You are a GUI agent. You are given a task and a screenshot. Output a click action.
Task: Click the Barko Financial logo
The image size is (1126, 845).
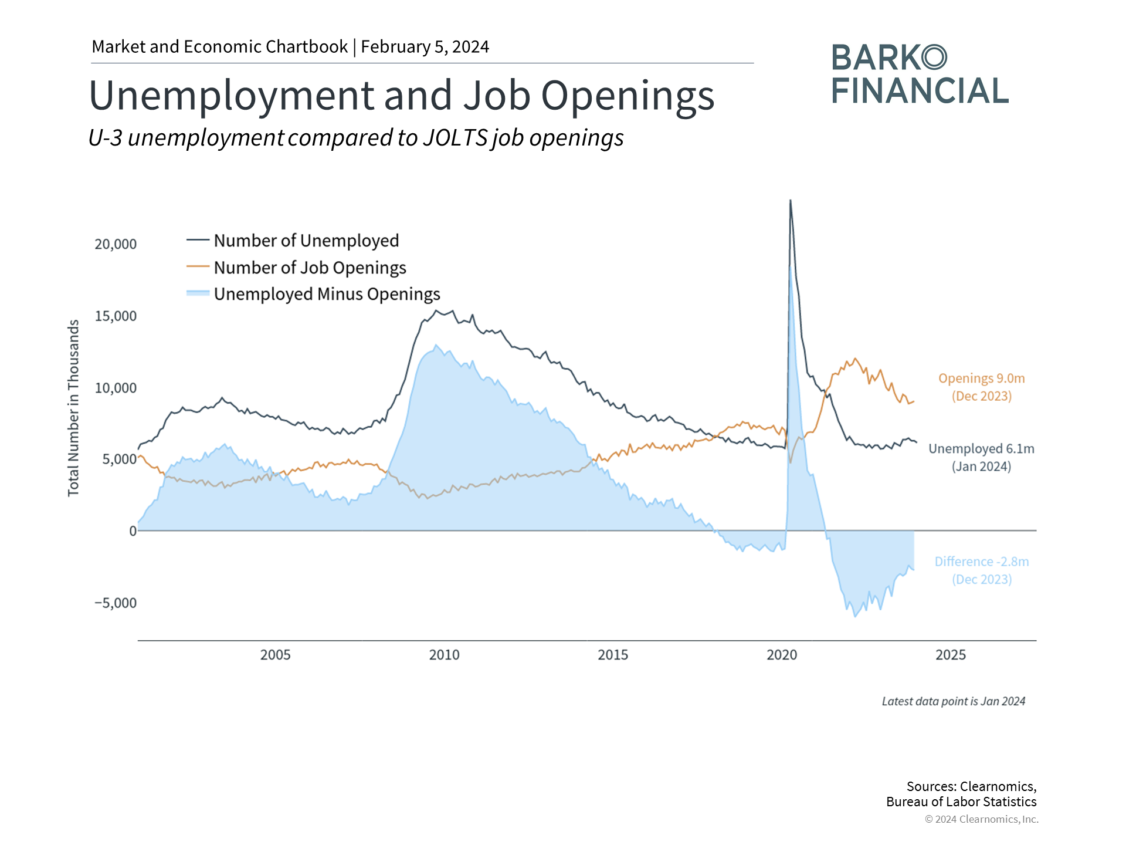[919, 74]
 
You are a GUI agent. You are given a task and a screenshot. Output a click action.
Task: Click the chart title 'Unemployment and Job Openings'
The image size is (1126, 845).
[401, 95]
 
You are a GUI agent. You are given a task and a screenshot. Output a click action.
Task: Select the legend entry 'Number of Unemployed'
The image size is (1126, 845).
[306, 241]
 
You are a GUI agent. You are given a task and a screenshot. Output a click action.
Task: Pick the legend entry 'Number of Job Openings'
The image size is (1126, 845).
[309, 268]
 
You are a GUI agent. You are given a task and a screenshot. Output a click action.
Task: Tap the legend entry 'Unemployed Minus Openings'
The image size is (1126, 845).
[326, 294]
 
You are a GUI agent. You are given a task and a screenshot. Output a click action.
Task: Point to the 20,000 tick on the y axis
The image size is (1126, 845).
[116, 244]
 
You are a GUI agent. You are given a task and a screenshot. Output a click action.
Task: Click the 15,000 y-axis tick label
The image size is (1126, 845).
[116, 316]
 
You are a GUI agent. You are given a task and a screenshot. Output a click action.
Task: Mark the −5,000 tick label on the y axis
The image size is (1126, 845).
[116, 603]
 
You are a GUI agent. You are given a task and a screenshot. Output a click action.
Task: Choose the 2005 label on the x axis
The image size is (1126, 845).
[275, 655]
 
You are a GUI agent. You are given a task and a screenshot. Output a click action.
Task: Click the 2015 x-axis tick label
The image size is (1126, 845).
[613, 655]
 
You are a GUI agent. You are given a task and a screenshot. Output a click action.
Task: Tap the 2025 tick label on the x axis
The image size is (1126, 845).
[950, 655]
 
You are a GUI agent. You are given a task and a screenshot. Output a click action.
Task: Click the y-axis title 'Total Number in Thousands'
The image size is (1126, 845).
[73, 408]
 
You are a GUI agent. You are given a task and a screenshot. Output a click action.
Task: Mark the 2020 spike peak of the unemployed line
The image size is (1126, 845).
[790, 201]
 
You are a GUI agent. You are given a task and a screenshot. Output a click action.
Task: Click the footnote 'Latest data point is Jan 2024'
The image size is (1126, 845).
[954, 701]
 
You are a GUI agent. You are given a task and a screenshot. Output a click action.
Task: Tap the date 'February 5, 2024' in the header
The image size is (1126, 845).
[425, 47]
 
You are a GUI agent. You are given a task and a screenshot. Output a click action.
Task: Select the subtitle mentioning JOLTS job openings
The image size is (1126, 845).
[356, 138]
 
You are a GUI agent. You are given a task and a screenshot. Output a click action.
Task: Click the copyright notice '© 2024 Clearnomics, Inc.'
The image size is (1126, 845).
[981, 819]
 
